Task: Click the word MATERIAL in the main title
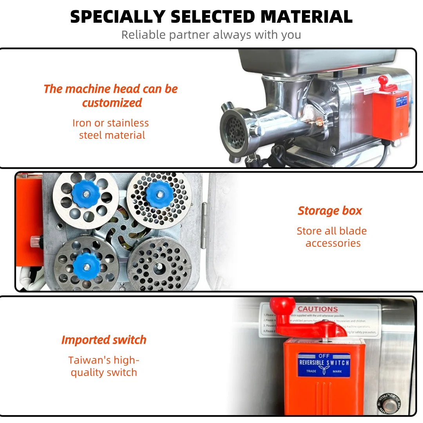tap(306, 17)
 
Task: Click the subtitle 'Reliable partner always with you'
tap(211, 35)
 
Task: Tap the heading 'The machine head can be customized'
tap(111, 96)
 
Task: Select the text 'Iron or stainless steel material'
tap(111, 129)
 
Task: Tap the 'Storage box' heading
tap(330, 211)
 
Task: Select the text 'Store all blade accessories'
tap(332, 237)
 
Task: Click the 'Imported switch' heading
tap(104, 340)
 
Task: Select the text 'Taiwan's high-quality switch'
tap(104, 366)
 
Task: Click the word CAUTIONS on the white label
tap(318, 309)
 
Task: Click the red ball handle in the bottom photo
tap(282, 306)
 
